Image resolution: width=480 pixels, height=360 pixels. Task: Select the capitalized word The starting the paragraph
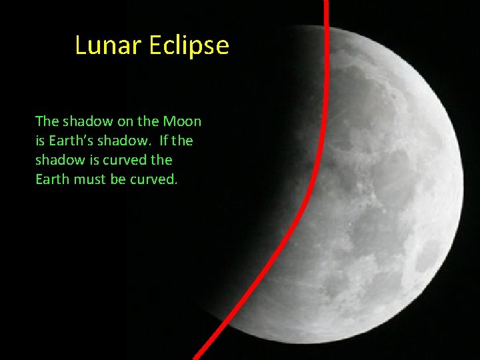click(47, 121)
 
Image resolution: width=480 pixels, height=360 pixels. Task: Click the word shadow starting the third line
click(58, 160)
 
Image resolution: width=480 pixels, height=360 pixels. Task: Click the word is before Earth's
click(40, 141)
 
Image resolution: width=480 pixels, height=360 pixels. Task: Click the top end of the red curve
click(326, 2)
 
